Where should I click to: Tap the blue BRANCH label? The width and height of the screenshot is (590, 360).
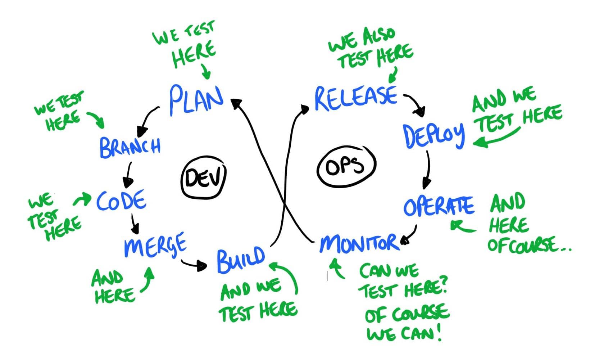pyautogui.click(x=130, y=147)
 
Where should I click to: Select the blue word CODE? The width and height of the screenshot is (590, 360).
pyautogui.click(x=121, y=201)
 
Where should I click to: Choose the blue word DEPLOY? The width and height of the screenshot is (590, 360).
pyautogui.click(x=434, y=136)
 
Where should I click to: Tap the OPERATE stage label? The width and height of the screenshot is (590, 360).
pyautogui.click(x=439, y=206)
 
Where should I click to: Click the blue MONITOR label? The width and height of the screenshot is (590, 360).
pyautogui.click(x=359, y=244)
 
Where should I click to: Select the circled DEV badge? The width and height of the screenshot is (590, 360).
pyautogui.click(x=203, y=179)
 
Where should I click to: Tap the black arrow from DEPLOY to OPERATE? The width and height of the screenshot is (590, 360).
pyautogui.click(x=427, y=169)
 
